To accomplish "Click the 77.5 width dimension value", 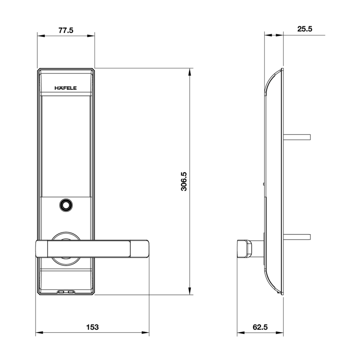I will (66, 30).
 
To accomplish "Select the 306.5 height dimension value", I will (184, 181).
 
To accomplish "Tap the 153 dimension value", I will (92, 327).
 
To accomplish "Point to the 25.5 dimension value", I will (304, 29).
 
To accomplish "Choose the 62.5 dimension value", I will (260, 327).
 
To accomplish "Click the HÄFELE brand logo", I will (66, 88).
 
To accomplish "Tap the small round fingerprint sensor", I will (66, 205).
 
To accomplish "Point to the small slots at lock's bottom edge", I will (66, 292).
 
